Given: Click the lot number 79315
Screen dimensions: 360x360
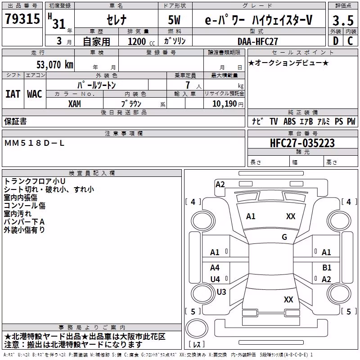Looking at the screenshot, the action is point(22,18).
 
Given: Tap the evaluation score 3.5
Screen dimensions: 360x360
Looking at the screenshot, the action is point(343,20).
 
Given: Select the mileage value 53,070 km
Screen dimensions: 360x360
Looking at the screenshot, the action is point(55,65).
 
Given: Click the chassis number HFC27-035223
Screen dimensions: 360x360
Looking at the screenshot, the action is point(302,143).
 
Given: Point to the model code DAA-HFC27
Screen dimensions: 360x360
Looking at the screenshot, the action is point(258,41).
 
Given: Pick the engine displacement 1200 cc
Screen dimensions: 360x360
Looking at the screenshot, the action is point(141,41).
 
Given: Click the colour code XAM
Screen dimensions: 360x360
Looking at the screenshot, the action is point(75,104).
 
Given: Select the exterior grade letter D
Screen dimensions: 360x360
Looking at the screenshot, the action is point(336,41).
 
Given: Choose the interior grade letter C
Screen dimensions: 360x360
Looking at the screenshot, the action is point(350,41).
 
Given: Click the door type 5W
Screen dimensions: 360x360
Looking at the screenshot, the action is point(174,20).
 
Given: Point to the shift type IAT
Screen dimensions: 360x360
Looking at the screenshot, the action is point(13,94).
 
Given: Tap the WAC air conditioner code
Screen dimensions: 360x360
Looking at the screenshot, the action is point(35,94).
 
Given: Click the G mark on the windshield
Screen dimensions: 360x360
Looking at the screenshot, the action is point(284,237).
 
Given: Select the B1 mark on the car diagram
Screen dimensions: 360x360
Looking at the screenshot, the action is point(327,267).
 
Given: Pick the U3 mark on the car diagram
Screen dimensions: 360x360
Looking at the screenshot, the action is point(221,292).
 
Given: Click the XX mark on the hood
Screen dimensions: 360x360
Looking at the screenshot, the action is point(291,216).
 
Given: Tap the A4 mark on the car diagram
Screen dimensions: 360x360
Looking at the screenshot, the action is point(215,267).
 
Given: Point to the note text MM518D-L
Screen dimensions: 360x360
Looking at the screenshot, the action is point(34,143).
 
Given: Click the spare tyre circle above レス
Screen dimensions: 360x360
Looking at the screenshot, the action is point(197,328).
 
